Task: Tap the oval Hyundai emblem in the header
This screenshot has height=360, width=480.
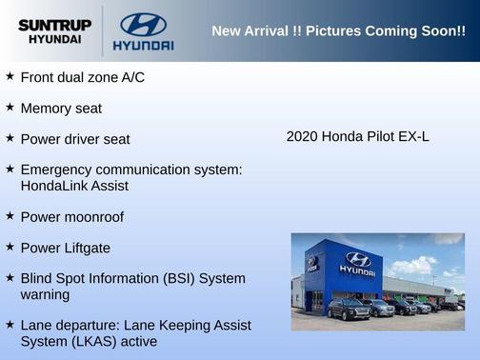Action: pos(143,24)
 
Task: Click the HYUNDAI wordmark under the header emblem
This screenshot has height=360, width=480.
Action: pos(143,45)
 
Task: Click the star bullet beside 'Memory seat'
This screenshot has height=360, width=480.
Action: pos(10,108)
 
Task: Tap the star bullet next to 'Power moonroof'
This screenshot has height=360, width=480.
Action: pos(10,216)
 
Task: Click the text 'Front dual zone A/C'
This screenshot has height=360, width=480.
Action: pos(82,77)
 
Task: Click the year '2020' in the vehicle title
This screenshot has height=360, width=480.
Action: pos(302,136)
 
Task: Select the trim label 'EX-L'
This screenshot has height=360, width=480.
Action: pos(413,136)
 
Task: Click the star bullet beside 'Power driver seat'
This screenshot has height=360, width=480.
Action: pos(10,138)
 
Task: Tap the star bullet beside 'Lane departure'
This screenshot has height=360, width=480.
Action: pos(10,325)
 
